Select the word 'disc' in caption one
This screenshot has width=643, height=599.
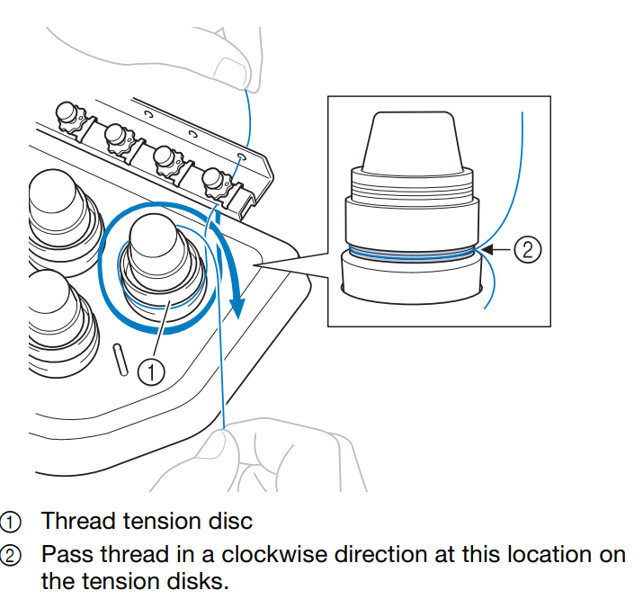[233, 521]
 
